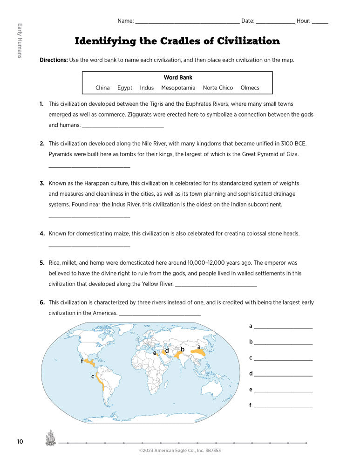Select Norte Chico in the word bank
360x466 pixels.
coord(218,88)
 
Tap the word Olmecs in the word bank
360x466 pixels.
coord(250,88)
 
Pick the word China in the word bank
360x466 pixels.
coord(102,88)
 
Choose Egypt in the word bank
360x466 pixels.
coord(125,88)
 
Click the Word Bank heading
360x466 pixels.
coord(178,77)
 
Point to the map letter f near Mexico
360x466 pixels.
coord(82,361)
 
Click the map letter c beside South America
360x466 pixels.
coord(93,377)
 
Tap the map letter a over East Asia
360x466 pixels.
coord(199,347)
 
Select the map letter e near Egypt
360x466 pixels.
coord(155,353)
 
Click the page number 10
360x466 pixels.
coord(20,441)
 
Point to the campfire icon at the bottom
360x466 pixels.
coord(50,439)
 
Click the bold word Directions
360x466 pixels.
coord(54,60)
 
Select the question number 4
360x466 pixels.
coord(42,233)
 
